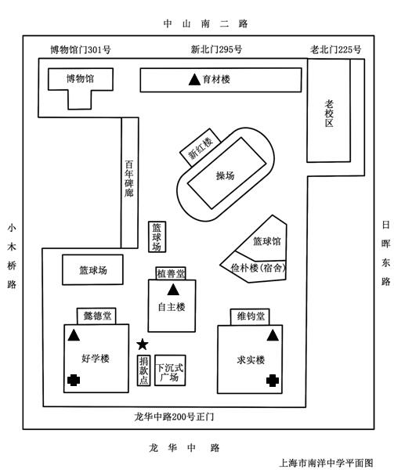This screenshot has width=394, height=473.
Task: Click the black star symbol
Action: point(143,345)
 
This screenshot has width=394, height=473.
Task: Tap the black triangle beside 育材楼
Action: point(194,80)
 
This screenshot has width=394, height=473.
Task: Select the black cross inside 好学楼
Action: point(74,380)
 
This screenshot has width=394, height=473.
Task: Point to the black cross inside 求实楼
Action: point(273,381)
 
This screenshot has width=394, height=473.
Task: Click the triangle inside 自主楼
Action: point(173,290)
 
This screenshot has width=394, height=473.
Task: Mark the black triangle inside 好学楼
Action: point(74,335)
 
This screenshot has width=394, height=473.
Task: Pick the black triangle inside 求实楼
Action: point(273,335)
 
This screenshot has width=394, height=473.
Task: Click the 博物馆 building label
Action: point(80,79)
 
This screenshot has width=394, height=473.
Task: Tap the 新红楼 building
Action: point(200,147)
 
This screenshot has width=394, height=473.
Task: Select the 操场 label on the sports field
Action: point(225,175)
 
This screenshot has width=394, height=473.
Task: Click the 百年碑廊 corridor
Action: point(130,182)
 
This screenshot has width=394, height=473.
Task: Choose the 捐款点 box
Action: point(144,370)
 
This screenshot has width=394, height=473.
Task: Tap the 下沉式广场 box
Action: point(170,370)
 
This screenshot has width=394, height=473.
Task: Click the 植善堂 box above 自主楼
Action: point(171,273)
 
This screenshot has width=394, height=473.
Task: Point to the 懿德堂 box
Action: point(96,316)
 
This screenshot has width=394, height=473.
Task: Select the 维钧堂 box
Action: point(250,316)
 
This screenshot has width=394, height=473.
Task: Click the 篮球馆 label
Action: point(266,241)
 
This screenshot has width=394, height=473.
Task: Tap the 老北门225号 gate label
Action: point(335,49)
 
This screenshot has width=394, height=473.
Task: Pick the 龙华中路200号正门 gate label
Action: point(174,417)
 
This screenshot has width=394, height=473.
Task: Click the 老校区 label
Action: point(329,114)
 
